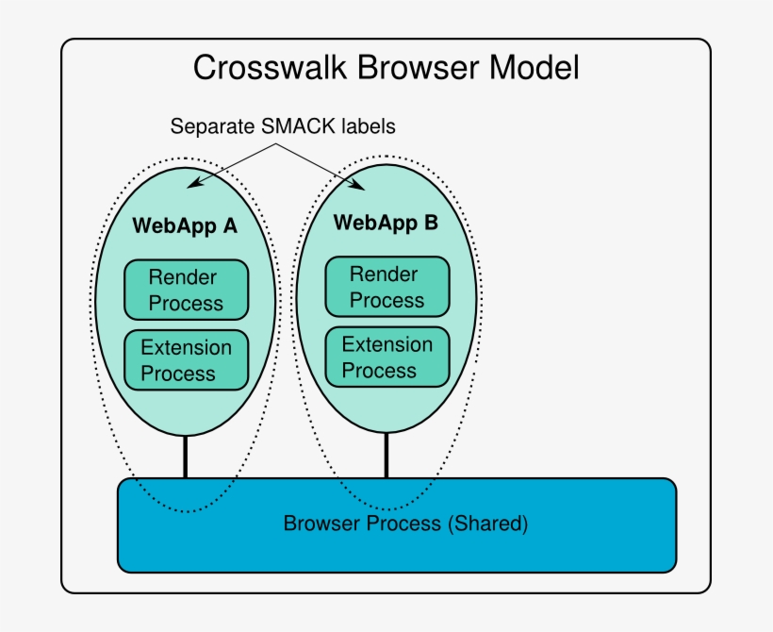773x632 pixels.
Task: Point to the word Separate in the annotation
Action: pyautogui.click(x=209, y=125)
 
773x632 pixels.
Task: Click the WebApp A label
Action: pyautogui.click(x=185, y=226)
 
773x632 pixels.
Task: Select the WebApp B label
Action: pyautogui.click(x=386, y=224)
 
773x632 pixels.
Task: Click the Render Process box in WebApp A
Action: pyautogui.click(x=186, y=291)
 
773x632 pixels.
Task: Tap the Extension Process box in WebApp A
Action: pyautogui.click(x=186, y=360)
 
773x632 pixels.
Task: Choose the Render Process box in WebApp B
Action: pyautogui.click(x=386, y=287)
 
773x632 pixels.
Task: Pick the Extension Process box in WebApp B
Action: pyautogui.click(x=386, y=357)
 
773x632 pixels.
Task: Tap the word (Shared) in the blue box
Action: pyautogui.click(x=486, y=523)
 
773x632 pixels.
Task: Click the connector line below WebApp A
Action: pyautogui.click(x=185, y=457)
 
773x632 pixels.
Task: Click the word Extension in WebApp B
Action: pyautogui.click(x=386, y=344)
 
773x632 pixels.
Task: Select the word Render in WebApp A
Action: pyautogui.click(x=183, y=278)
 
